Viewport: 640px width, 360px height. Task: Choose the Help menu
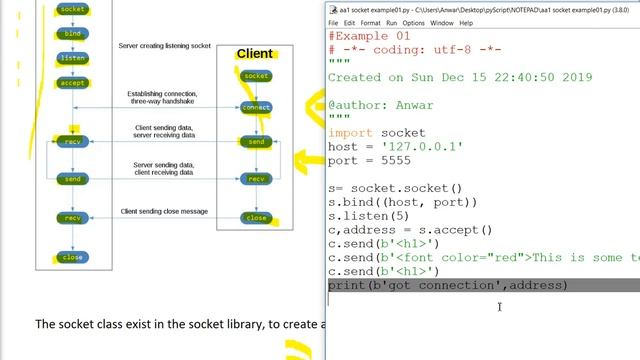pyautogui.click(x=467, y=23)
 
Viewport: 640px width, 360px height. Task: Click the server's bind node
pyautogui.click(x=72, y=34)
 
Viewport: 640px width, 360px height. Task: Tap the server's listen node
pyautogui.click(x=72, y=58)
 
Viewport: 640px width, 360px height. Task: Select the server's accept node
pyautogui.click(x=72, y=83)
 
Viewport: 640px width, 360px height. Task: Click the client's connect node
pyautogui.click(x=257, y=107)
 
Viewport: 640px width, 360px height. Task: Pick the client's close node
pyautogui.click(x=257, y=217)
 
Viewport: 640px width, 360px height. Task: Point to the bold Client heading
pyautogui.click(x=254, y=53)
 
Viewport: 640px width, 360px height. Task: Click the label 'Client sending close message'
pyautogui.click(x=164, y=212)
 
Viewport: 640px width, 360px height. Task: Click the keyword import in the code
pyautogui.click(x=349, y=132)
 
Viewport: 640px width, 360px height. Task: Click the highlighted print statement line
pyautogui.click(x=447, y=286)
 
